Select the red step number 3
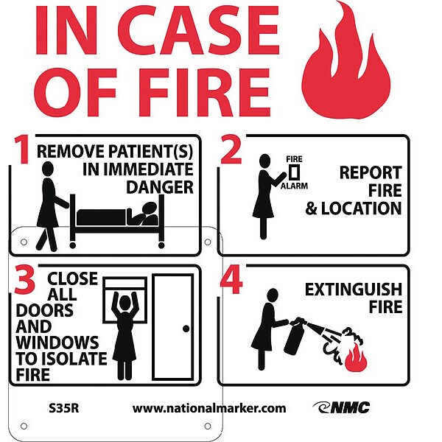pyautogui.click(x=25, y=280)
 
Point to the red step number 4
pyautogui.click(x=231, y=279)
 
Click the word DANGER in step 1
pyautogui.click(x=160, y=187)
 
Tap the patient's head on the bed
pyautogui.click(x=150, y=208)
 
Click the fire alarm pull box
pyautogui.click(x=294, y=172)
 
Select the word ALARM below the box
pyautogui.click(x=294, y=186)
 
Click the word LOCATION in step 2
pyautogui.click(x=362, y=208)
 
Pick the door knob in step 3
pyautogui.click(x=186, y=329)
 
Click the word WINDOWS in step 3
pyautogui.click(x=57, y=343)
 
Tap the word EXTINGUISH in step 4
pyautogui.click(x=354, y=290)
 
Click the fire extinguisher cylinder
pyautogui.click(x=294, y=338)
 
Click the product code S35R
pyautogui.click(x=63, y=408)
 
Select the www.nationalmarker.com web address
pyautogui.click(x=209, y=408)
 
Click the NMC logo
pyautogui.click(x=341, y=407)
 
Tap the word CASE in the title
pyautogui.click(x=198, y=29)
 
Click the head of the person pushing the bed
pyautogui.click(x=48, y=169)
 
